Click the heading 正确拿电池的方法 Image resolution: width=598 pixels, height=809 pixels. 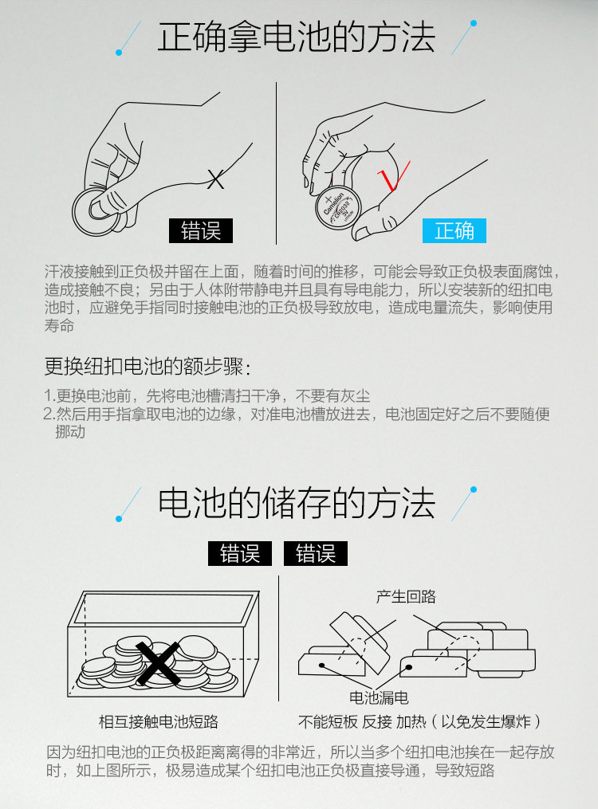click(x=296, y=37)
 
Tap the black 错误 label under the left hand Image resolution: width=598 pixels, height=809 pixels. click(x=201, y=230)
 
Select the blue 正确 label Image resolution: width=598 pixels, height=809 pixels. click(x=454, y=230)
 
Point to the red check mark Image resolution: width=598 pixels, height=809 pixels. click(x=393, y=175)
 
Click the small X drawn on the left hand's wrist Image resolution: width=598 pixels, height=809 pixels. click(x=215, y=179)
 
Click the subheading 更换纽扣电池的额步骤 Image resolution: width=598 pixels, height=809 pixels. click(x=148, y=367)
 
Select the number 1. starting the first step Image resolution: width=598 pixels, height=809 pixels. click(x=49, y=395)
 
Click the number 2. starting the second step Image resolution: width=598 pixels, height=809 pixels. click(x=49, y=414)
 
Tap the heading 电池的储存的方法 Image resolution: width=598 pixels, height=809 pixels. click(x=297, y=503)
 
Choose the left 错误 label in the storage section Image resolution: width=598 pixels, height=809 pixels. click(x=240, y=554)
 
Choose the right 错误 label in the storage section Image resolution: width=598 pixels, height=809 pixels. click(x=316, y=554)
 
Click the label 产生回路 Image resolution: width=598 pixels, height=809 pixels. click(x=406, y=596)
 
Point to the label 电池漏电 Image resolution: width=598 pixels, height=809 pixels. click(x=380, y=697)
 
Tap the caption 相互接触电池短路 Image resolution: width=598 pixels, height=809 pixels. click(x=159, y=721)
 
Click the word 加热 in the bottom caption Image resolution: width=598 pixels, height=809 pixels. click(x=411, y=721)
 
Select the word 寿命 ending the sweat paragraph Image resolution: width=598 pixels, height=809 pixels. click(x=59, y=325)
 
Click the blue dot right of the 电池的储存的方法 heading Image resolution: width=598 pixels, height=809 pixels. click(x=474, y=489)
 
